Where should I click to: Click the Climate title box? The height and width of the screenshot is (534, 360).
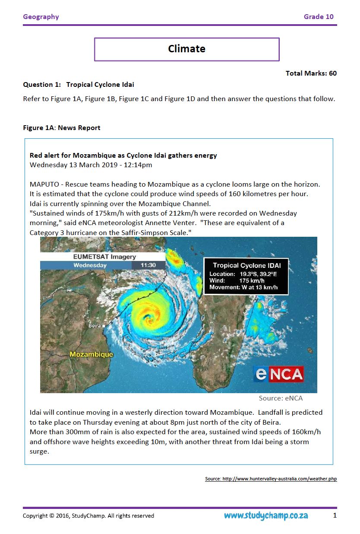click(186, 49)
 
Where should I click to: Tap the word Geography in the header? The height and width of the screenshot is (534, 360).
click(41, 17)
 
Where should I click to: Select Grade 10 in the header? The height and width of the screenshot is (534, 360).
click(319, 17)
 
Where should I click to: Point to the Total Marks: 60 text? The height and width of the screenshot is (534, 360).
click(311, 73)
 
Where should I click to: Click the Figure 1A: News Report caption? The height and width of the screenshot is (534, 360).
click(62, 128)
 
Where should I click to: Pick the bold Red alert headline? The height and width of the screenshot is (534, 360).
click(123, 155)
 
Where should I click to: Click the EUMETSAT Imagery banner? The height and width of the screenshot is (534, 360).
click(104, 257)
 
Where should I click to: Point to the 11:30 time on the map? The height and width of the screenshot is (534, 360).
click(148, 265)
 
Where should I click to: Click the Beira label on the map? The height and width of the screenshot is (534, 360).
click(95, 325)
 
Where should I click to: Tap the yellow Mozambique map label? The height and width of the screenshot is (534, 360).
click(92, 354)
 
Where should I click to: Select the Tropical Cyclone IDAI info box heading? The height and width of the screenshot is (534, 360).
click(246, 265)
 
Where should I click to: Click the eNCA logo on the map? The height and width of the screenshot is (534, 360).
click(278, 374)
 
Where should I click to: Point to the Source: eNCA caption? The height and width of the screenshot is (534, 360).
click(281, 398)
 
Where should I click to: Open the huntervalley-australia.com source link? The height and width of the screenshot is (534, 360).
click(271, 479)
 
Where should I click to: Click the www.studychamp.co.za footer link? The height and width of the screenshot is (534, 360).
click(266, 515)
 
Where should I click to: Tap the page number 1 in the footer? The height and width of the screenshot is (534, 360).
click(335, 515)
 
